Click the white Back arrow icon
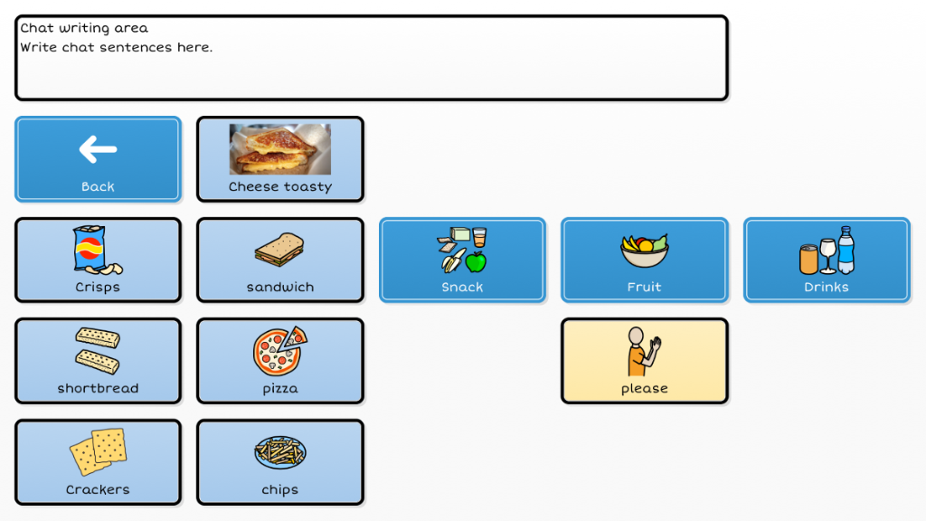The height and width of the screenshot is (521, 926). (98, 149)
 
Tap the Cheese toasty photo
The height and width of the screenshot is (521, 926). (280, 149)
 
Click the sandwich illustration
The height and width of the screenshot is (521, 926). (280, 250)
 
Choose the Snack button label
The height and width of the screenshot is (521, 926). (462, 287)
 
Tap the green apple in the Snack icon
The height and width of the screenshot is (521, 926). (476, 261)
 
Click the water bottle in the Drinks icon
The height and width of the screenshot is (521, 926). (846, 250)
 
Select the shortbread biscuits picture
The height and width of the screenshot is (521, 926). (98, 351)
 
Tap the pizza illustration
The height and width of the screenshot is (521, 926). (280, 351)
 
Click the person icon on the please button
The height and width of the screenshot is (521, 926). (644, 351)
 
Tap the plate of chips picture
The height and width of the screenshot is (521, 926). (280, 452)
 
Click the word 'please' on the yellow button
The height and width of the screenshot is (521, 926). (644, 389)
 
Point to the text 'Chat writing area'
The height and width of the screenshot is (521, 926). (84, 28)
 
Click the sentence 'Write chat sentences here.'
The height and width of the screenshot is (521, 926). (117, 47)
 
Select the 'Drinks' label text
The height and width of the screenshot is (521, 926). (827, 287)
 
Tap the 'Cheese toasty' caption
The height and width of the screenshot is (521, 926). (280, 186)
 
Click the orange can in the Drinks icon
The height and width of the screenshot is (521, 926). (808, 260)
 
